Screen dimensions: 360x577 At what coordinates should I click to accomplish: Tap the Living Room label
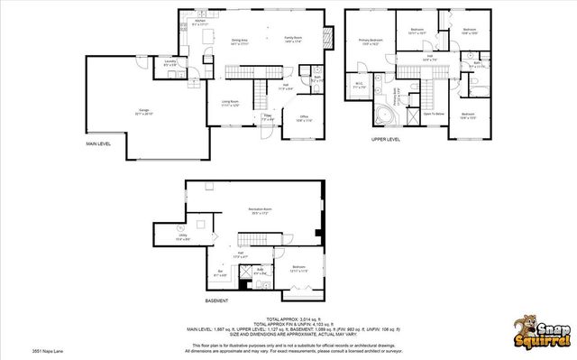click(230, 103)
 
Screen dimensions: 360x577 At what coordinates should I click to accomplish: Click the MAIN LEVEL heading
click(99, 144)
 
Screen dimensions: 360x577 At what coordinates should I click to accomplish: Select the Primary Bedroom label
click(371, 40)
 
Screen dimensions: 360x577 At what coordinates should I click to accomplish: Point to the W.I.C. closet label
click(360, 86)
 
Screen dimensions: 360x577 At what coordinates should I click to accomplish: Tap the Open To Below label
click(435, 114)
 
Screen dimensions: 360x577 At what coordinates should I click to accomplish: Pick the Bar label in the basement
click(220, 272)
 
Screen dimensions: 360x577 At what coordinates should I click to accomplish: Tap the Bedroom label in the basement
click(298, 267)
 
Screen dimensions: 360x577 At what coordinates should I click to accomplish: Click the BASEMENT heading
click(215, 300)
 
